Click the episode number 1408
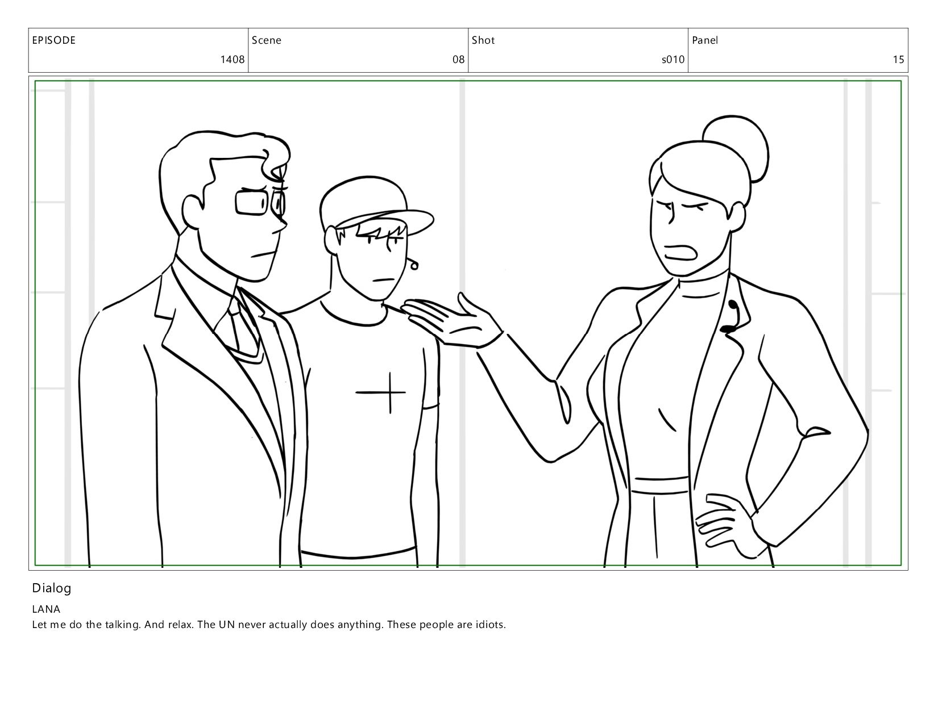point(233,60)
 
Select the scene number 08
point(458,60)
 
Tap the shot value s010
point(673,60)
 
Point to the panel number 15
point(898,60)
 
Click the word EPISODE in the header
point(54,40)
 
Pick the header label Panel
point(705,40)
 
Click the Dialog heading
point(52,588)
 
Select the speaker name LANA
point(46,609)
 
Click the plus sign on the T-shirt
point(381,392)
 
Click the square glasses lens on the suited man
point(252,202)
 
